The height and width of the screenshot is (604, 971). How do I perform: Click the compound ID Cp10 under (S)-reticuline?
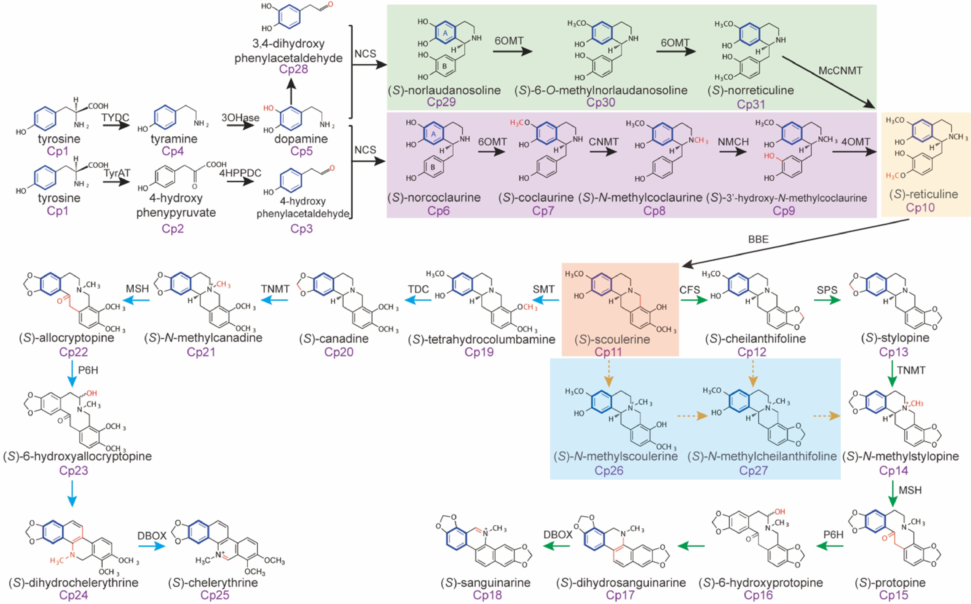pyautogui.click(x=920, y=208)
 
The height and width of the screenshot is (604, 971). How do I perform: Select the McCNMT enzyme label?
pyautogui.click(x=840, y=71)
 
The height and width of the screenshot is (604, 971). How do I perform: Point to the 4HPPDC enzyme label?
pyautogui.click(x=240, y=173)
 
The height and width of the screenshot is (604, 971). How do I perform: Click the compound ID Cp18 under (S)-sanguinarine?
pyautogui.click(x=487, y=595)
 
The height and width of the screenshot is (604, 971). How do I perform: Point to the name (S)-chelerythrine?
pyautogui.click(x=213, y=582)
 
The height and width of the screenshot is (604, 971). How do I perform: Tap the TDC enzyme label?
pyautogui.click(x=418, y=289)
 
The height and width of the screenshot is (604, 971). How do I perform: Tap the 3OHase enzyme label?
pyautogui.click(x=240, y=118)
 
